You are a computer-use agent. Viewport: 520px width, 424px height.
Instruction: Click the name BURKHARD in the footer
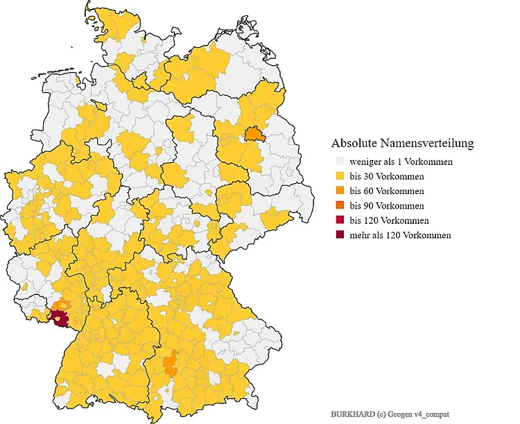(353, 413)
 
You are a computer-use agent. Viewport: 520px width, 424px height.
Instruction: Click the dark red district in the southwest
(60, 319)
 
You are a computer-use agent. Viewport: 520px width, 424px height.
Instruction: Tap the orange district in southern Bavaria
(169, 363)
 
